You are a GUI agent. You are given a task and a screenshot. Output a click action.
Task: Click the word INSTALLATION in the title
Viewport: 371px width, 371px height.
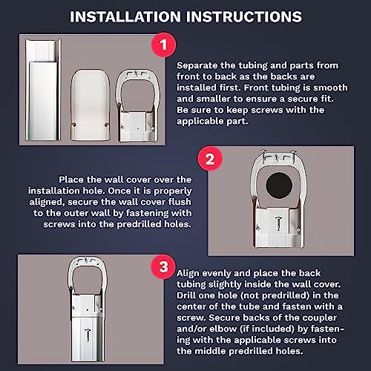click(x=125, y=17)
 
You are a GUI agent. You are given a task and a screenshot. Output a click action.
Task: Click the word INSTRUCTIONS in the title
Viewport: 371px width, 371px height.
click(x=244, y=17)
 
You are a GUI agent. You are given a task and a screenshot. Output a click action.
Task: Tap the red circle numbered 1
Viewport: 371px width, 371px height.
click(x=163, y=45)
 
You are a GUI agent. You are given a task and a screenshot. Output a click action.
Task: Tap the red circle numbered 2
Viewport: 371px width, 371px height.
click(x=210, y=159)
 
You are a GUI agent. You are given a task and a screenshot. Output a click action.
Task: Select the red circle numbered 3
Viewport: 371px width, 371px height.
click(x=163, y=267)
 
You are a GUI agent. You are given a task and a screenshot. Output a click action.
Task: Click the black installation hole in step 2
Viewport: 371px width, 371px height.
click(x=279, y=185)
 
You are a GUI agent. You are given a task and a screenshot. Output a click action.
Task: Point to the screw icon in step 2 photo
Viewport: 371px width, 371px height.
click(x=279, y=223)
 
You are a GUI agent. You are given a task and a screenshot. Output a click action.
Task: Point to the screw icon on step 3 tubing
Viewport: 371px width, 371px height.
click(x=88, y=335)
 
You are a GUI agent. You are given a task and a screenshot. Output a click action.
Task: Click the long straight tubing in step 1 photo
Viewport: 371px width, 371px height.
click(x=43, y=90)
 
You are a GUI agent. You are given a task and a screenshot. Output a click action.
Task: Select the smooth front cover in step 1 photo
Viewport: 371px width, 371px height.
click(x=90, y=105)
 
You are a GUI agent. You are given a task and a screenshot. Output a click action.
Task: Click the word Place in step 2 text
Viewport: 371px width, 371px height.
click(x=70, y=180)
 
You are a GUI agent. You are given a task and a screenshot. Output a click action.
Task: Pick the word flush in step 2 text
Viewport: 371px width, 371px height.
click(x=180, y=202)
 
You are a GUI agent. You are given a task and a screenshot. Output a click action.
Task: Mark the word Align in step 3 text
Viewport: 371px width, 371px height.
click(x=188, y=273)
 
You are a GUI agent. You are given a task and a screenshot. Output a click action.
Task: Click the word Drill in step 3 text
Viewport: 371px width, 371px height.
click(x=185, y=295)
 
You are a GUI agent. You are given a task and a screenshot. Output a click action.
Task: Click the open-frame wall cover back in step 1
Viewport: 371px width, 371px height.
click(x=137, y=106)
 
